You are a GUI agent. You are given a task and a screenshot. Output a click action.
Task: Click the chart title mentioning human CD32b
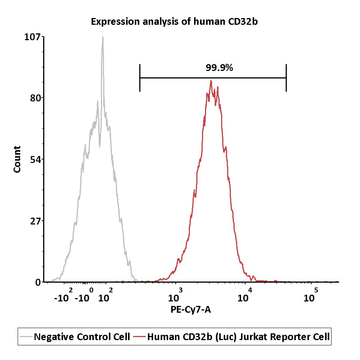pos(174,21)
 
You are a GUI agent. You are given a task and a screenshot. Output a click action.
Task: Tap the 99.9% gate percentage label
pos(219,68)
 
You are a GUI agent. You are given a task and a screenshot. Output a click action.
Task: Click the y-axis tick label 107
pos(32,37)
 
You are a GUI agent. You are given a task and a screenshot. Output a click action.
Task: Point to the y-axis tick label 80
pos(35,98)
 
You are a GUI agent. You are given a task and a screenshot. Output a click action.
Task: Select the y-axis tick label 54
pos(35,160)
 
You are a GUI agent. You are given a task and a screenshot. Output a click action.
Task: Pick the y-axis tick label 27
pos(35,221)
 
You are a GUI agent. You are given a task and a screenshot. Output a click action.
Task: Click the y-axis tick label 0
pos(38,282)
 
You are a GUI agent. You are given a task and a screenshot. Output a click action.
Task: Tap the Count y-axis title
pos(17,159)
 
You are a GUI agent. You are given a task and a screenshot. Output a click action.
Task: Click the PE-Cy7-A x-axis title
pos(191,309)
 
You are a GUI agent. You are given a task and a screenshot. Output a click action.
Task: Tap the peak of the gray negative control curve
pos(102,37)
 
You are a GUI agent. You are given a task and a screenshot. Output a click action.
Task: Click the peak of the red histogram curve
pos(211,81)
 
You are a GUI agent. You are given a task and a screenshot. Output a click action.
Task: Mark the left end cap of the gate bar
pos(140,78)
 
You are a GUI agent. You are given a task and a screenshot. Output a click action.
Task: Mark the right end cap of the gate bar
pos(286,78)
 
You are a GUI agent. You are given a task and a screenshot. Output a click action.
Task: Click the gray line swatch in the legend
pos(26,337)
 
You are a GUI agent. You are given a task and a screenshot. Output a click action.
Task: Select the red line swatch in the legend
pos(139,337)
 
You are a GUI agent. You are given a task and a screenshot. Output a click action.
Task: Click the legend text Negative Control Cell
pos(82,337)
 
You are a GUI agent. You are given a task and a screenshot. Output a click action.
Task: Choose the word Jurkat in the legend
pos(253,337)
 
